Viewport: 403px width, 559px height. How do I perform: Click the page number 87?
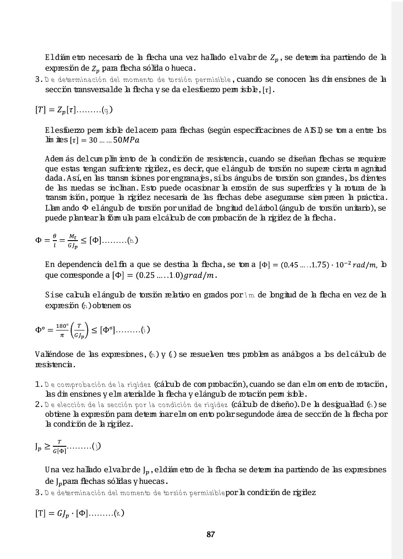tap(210, 534)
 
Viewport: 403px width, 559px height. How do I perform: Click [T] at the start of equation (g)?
tap(41, 110)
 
